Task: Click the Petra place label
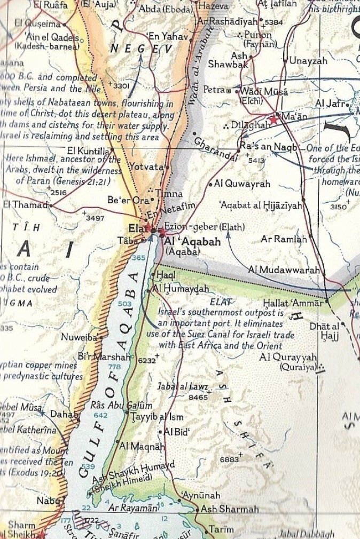tap(214, 90)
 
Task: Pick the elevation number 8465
tap(198, 397)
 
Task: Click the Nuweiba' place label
tap(80, 337)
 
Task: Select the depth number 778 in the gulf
tap(114, 367)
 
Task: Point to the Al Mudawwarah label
tap(284, 270)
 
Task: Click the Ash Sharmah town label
tap(229, 509)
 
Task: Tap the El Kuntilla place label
tap(88, 150)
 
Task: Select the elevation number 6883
tap(229, 459)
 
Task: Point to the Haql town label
tap(163, 275)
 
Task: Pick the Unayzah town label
tap(308, 61)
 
